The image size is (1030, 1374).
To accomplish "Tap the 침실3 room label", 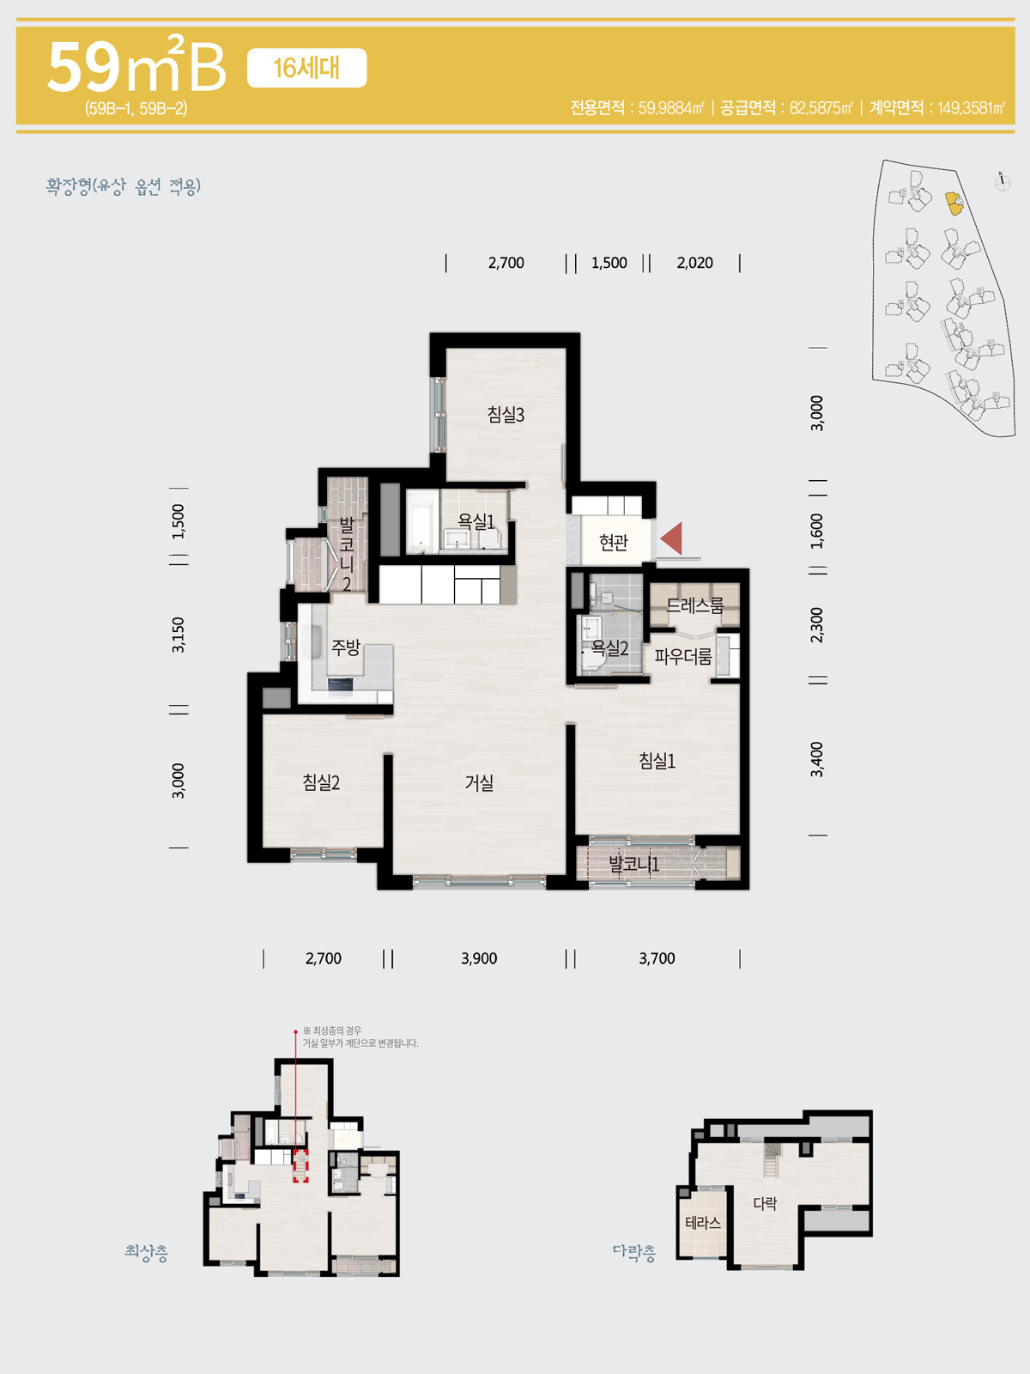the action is coord(506,415).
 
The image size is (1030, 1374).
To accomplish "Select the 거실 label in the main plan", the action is coord(479,782).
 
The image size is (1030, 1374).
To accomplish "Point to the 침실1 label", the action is coord(657,761).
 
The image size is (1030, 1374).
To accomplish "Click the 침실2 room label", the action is coord(321,781).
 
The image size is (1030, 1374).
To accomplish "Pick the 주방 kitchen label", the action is coord(346,647).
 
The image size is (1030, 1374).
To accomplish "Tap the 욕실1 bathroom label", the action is coord(476,520).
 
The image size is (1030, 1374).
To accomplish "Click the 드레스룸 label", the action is coord(694,605).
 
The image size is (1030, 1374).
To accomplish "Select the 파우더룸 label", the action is coord(683,656).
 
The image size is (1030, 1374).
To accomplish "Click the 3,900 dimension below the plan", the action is coord(479,958).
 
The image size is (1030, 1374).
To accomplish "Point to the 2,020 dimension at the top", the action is coord(694,263).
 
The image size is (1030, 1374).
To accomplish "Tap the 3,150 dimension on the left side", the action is coord(179,635).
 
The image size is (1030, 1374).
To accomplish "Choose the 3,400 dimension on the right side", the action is coord(817,759).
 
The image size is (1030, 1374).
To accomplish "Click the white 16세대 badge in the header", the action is coord(306,68).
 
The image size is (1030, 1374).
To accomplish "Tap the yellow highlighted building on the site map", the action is coord(954,204).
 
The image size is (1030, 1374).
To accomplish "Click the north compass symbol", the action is coord(1003,181).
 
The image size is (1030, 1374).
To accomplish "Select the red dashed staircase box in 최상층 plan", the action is coord(300,1165).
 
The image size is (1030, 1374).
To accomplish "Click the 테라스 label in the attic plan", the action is coord(703,1223).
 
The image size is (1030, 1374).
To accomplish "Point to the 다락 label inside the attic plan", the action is coord(765,1202).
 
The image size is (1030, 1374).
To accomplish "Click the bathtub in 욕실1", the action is coord(421,520).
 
